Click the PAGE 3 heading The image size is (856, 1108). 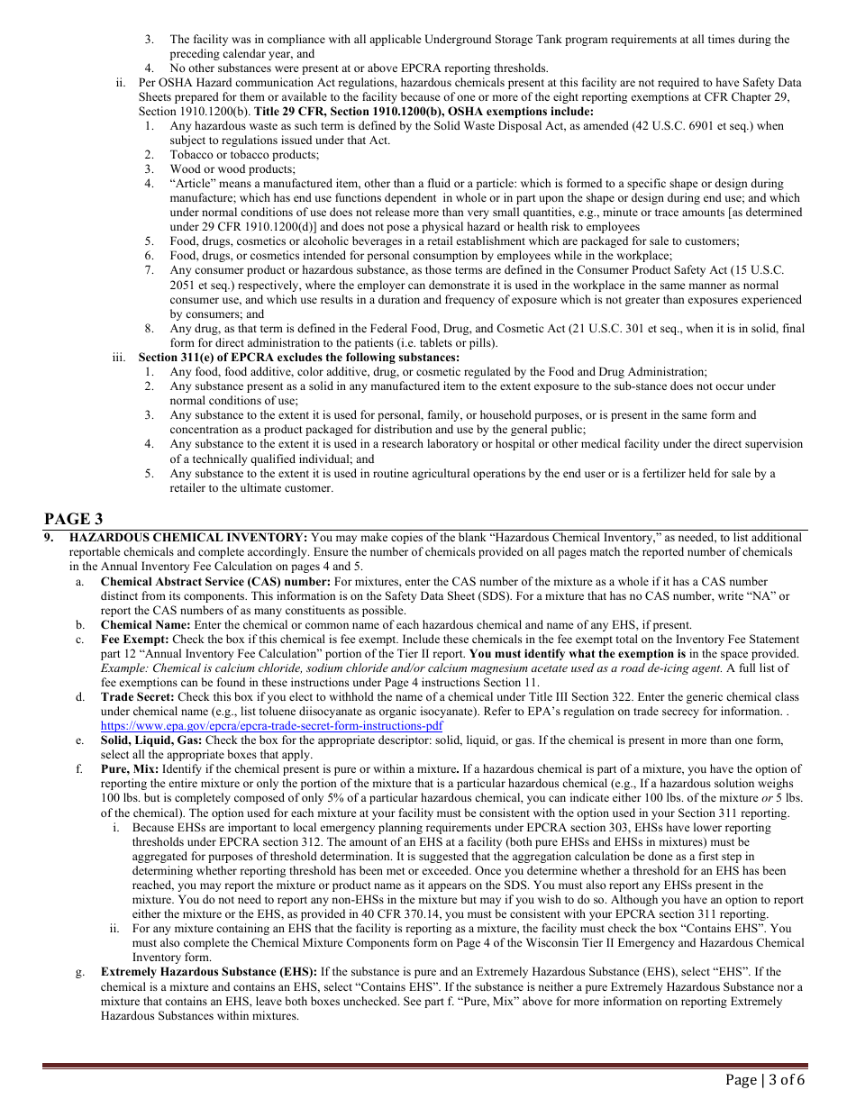(x=74, y=519)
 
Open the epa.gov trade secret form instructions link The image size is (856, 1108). (x=271, y=725)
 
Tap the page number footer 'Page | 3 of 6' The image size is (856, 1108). (x=765, y=1080)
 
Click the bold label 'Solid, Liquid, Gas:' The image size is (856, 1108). (x=151, y=740)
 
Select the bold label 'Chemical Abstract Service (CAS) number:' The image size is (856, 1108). (x=215, y=582)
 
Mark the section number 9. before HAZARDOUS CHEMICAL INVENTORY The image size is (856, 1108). (x=50, y=538)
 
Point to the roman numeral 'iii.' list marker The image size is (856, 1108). (x=119, y=358)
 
